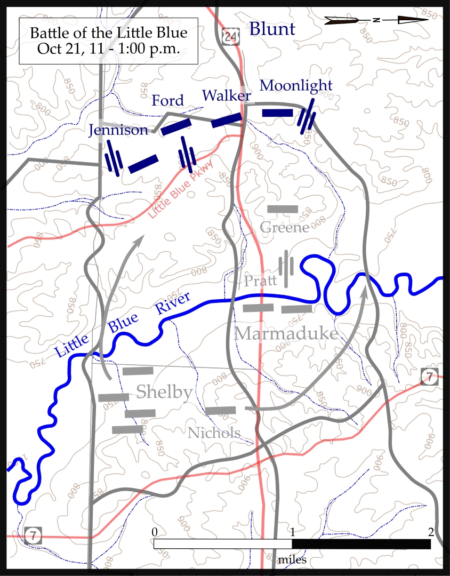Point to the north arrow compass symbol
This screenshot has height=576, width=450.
(377, 20)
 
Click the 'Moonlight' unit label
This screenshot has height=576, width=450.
(296, 85)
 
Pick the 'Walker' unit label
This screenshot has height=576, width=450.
(226, 96)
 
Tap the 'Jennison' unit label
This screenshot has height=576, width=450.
(118, 130)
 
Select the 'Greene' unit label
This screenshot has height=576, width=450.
(285, 228)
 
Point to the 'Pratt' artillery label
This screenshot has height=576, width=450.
(261, 281)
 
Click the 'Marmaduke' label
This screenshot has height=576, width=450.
(286, 334)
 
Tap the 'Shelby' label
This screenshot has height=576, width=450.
(164, 393)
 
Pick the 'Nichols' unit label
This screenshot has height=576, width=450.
(214, 433)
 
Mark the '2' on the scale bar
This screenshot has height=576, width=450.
(430, 532)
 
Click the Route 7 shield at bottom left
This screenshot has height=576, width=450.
(33, 536)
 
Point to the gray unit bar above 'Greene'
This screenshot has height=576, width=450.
(283, 209)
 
